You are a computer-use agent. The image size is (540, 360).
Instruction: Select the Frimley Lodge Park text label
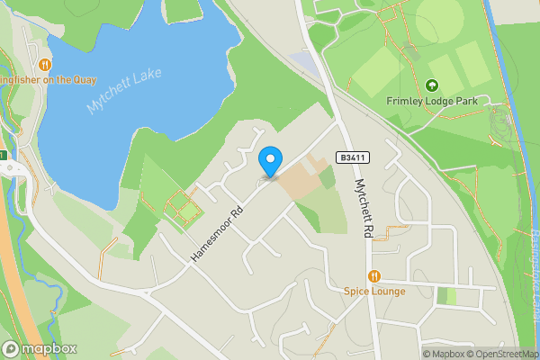click(x=431, y=101)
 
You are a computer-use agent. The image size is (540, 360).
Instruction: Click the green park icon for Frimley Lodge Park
click(x=431, y=85)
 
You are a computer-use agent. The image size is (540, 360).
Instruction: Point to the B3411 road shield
click(x=354, y=157)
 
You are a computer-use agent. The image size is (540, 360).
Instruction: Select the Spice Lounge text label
click(x=374, y=292)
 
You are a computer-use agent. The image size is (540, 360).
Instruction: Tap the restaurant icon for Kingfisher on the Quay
click(x=44, y=65)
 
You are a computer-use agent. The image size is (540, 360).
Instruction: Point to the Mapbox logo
click(x=40, y=348)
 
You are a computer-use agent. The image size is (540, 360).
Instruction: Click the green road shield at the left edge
click(x=3, y=156)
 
